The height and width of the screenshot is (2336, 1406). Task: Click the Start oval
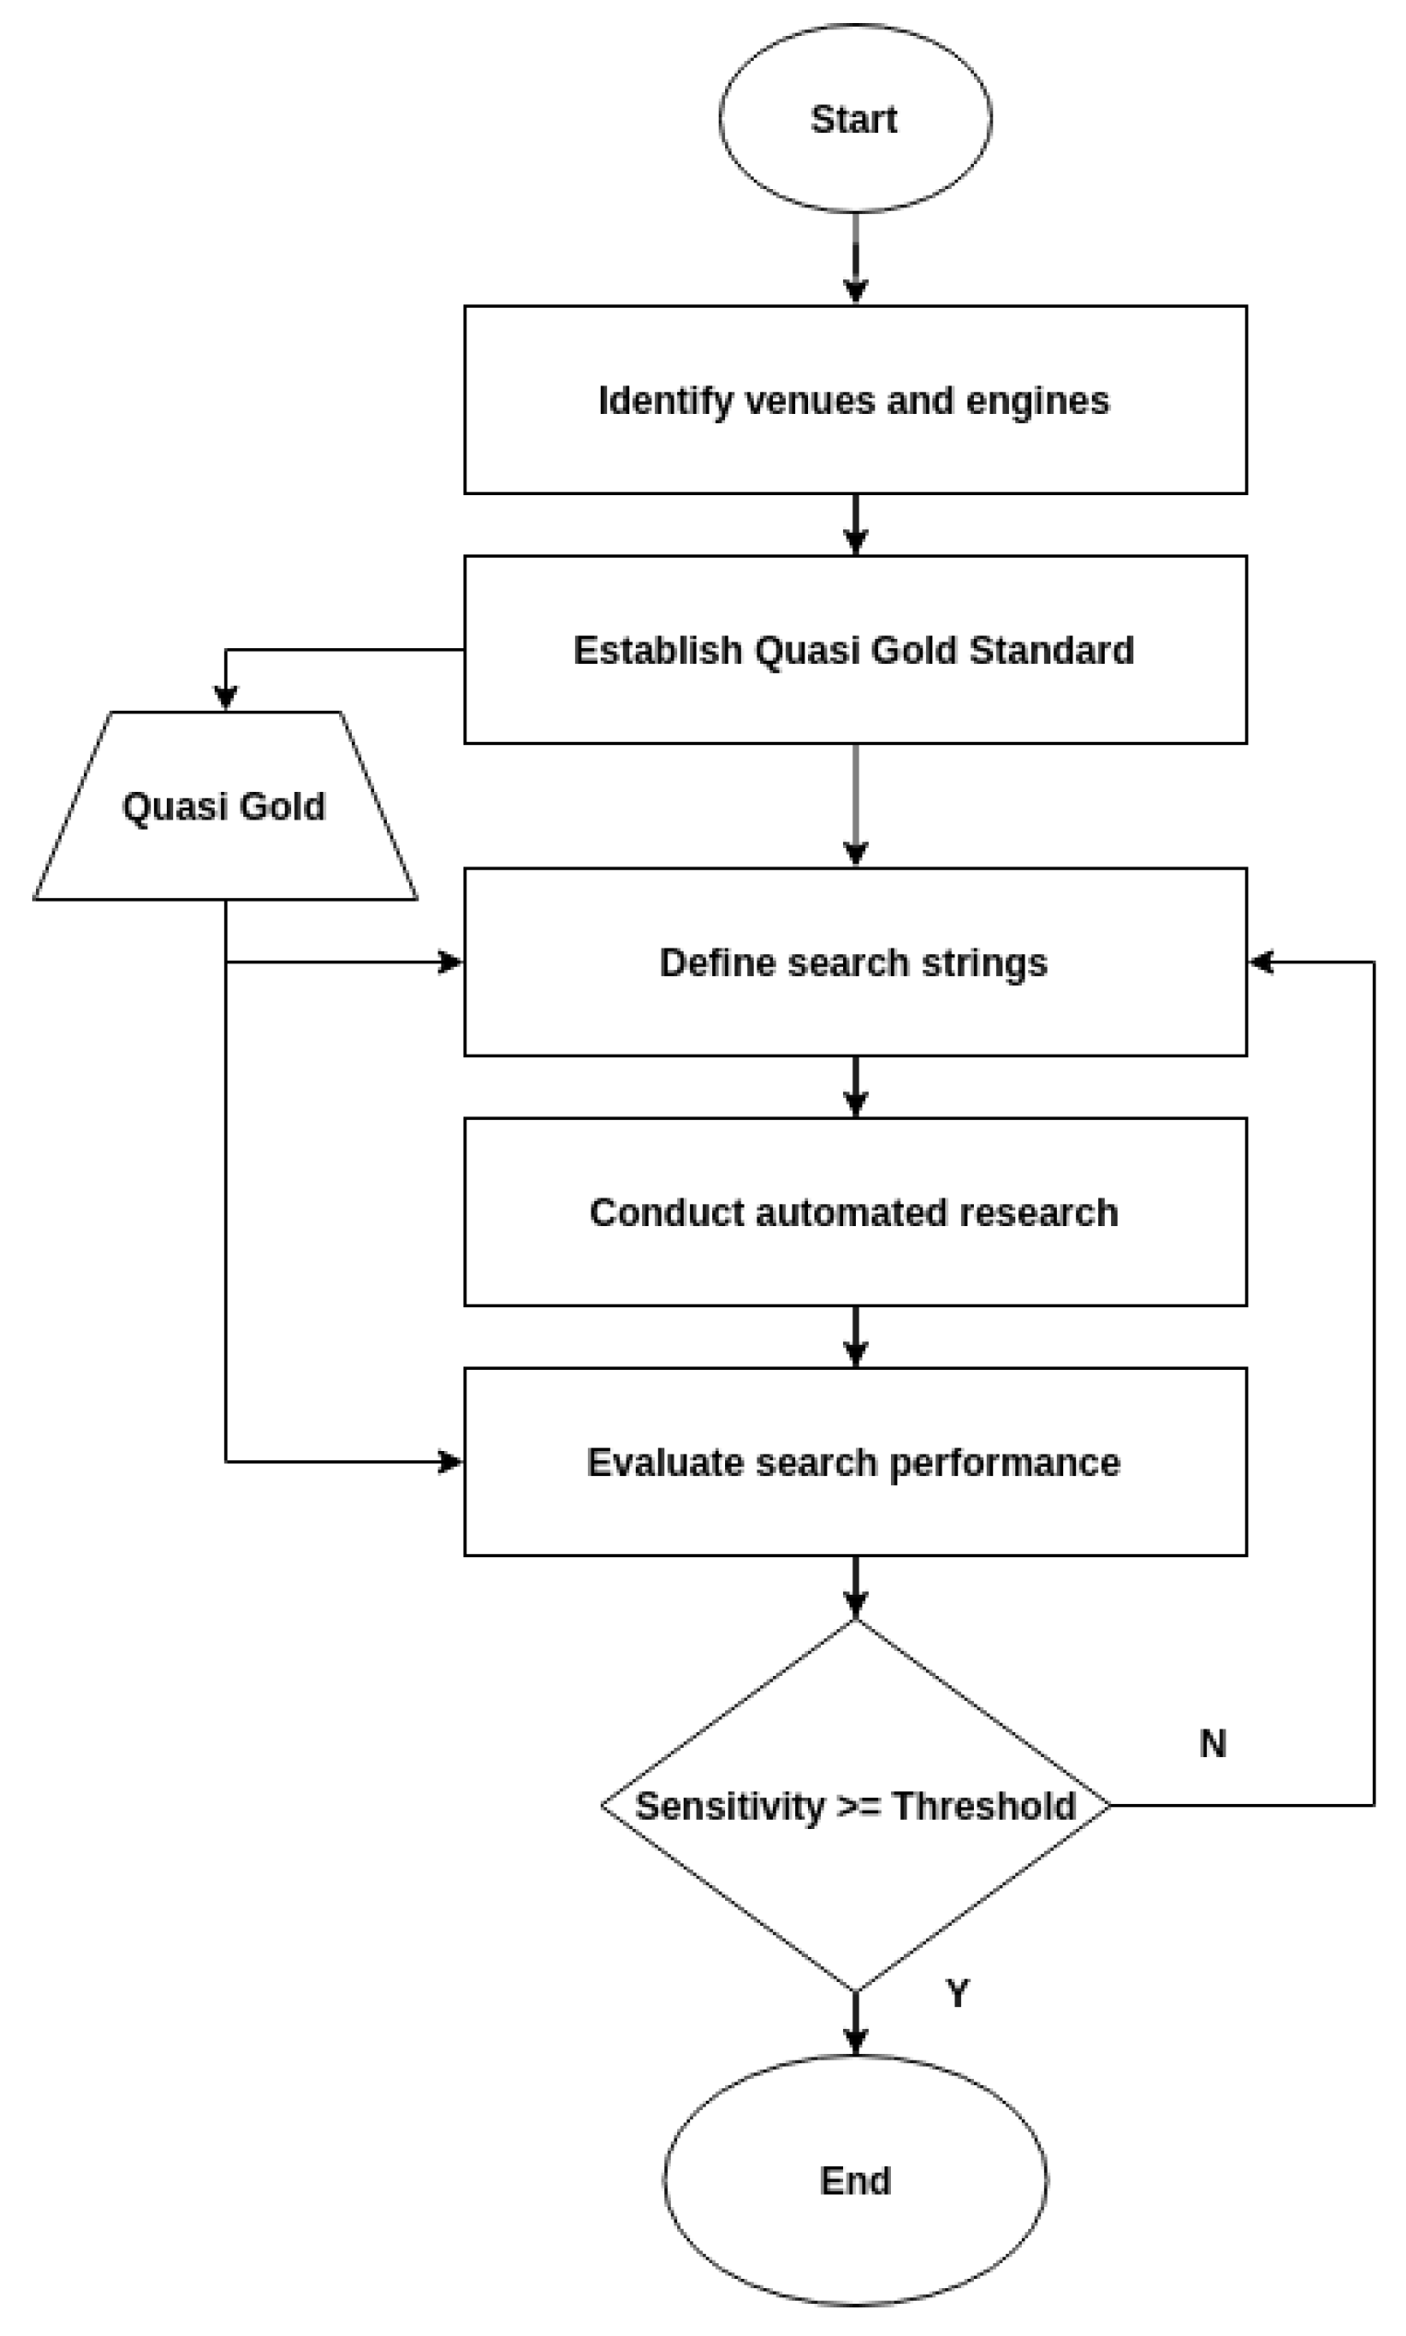tap(855, 118)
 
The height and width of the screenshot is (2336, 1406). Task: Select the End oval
tap(855, 2179)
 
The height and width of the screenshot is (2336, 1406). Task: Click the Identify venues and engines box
tap(855, 399)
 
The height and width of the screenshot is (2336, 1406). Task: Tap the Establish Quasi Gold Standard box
tap(855, 649)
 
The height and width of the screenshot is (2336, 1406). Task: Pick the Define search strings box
tap(855, 962)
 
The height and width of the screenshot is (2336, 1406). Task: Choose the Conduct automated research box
tap(855, 1212)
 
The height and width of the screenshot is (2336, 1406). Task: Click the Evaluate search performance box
tap(855, 1462)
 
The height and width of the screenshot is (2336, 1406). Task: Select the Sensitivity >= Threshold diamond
tap(855, 1805)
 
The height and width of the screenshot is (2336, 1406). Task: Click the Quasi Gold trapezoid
tap(225, 806)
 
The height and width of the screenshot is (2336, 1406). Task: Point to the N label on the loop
tap(1213, 1742)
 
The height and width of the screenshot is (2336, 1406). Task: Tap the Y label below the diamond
tap(957, 1993)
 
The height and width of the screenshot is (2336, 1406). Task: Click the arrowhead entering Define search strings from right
tap(1261, 962)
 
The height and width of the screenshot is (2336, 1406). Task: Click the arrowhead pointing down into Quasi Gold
tap(225, 697)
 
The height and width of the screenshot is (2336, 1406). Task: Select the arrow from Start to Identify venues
tap(856, 256)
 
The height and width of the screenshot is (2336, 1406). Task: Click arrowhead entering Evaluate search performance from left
tap(450, 1462)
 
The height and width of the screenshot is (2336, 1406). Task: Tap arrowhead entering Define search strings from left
tap(450, 962)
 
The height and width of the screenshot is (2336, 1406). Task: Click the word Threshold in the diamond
tap(983, 1805)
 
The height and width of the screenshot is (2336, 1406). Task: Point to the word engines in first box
tap(1037, 400)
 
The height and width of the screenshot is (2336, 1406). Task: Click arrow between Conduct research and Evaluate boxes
tap(856, 1336)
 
